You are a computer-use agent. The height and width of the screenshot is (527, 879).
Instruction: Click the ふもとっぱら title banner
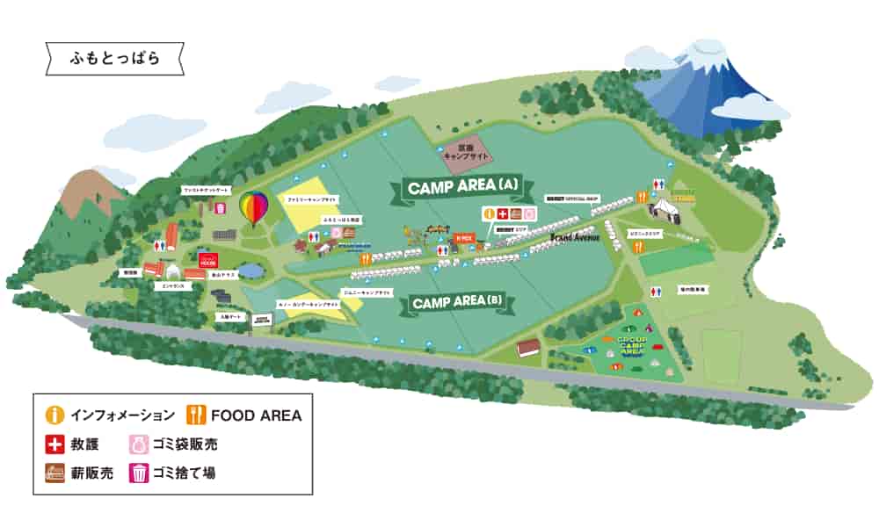(x=114, y=60)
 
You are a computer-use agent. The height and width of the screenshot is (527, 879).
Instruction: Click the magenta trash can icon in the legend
(x=140, y=473)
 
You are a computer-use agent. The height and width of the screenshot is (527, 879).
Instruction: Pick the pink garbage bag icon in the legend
(x=140, y=444)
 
